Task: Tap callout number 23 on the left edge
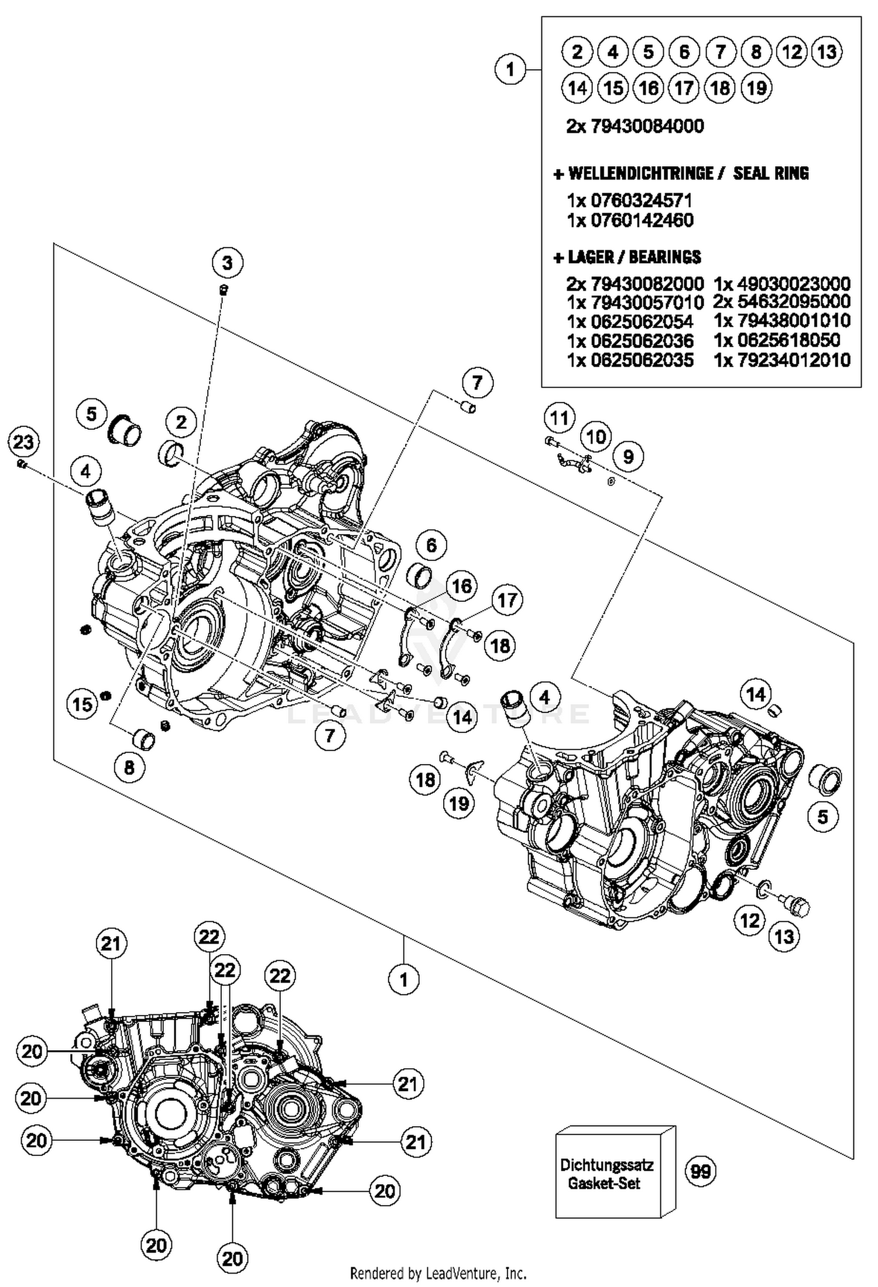(x=23, y=442)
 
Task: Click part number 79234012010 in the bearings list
(x=782, y=360)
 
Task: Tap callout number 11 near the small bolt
(x=560, y=418)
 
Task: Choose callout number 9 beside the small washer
(x=628, y=456)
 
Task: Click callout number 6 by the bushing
(x=431, y=545)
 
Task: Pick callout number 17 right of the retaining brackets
(x=507, y=600)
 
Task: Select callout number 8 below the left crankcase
(x=129, y=767)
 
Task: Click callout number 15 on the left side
(x=82, y=704)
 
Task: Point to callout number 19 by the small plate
(x=459, y=803)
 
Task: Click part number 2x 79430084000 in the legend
(x=635, y=126)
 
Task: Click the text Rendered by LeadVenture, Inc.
(x=438, y=1273)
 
